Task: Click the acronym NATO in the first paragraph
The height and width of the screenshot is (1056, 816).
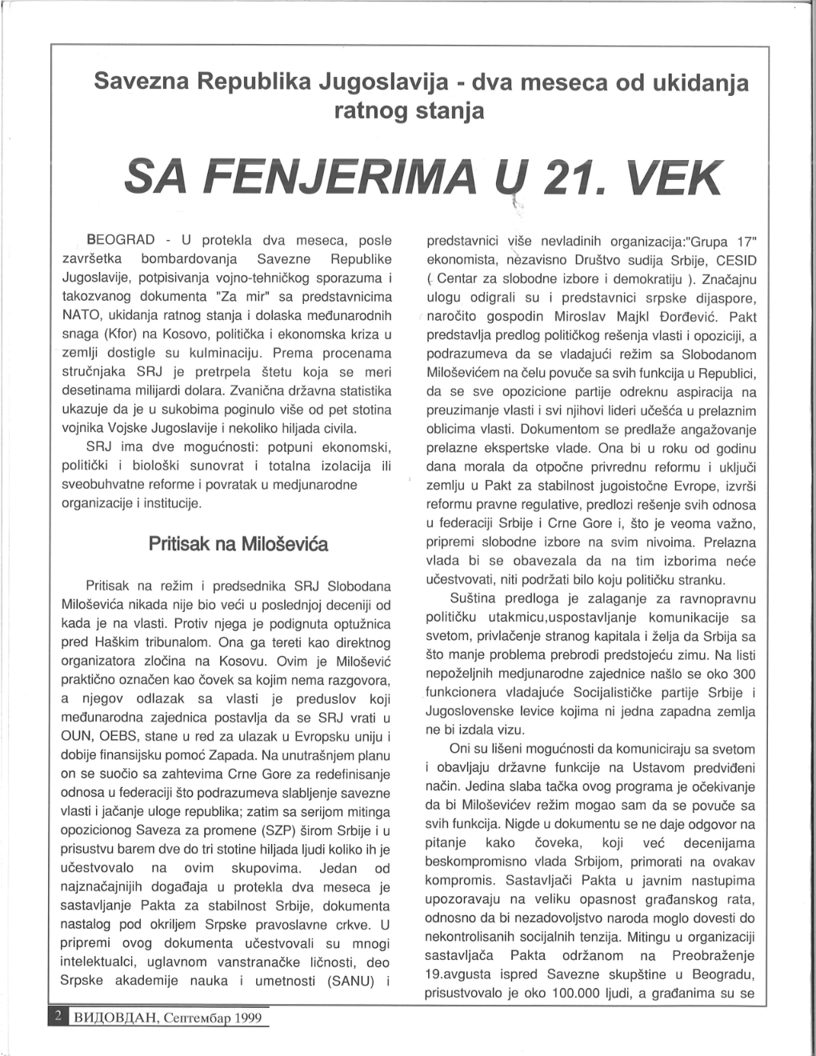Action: [81, 314]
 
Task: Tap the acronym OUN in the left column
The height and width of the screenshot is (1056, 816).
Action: [77, 736]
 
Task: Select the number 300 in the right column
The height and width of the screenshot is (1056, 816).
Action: [744, 674]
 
